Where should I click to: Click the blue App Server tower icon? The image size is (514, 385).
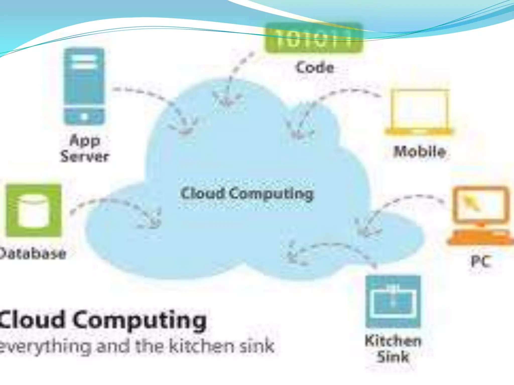[84, 86]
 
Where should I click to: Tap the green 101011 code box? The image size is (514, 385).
[314, 38]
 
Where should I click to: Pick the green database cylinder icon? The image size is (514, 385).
[33, 211]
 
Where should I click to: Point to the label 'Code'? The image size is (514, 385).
[315, 68]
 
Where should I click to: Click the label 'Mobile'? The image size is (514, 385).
[420, 152]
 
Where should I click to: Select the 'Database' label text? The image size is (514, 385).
[33, 254]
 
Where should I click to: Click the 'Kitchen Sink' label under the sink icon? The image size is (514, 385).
[393, 348]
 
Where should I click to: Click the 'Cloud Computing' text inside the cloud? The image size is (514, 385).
[247, 194]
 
